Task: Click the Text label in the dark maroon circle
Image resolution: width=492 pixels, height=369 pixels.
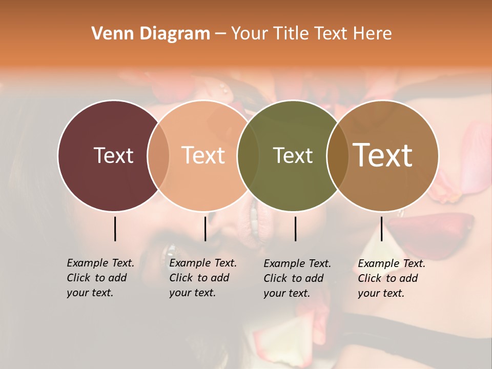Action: coord(113,155)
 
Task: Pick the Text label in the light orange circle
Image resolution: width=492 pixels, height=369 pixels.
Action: coord(203,155)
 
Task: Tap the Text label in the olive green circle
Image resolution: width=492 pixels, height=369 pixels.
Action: coord(293,155)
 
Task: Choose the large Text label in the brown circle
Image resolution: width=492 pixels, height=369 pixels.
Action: coord(383,155)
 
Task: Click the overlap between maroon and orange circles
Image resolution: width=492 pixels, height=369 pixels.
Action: coord(158,156)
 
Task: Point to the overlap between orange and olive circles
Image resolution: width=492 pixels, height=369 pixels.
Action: coord(248,156)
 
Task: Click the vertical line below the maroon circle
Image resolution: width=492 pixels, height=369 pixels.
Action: coord(115,229)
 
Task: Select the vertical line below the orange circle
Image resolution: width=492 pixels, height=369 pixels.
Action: coord(205,229)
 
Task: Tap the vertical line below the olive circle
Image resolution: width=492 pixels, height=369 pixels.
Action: coord(295,229)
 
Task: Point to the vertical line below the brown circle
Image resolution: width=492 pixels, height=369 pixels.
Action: coord(381,229)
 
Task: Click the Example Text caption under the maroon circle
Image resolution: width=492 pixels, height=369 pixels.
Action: coord(100,278)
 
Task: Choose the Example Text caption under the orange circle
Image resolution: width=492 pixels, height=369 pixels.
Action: coord(203,278)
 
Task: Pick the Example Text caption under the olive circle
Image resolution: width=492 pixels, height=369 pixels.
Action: coord(297,278)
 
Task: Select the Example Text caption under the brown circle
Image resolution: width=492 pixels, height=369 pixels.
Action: coord(392,278)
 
